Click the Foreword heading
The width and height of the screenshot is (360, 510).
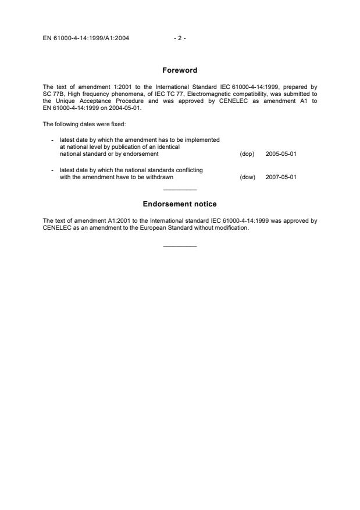click(x=180, y=70)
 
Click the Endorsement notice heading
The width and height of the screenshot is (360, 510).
click(x=180, y=204)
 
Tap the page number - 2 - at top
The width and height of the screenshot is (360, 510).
click(x=180, y=38)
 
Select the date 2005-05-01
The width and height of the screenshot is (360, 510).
click(x=281, y=154)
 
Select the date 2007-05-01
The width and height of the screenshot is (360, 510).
click(x=281, y=177)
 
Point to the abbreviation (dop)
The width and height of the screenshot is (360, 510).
click(x=247, y=154)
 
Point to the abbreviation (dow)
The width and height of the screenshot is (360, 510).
click(x=247, y=177)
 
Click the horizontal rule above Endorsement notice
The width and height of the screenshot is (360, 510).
click(x=180, y=190)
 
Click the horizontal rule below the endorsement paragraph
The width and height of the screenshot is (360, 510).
click(x=180, y=246)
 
